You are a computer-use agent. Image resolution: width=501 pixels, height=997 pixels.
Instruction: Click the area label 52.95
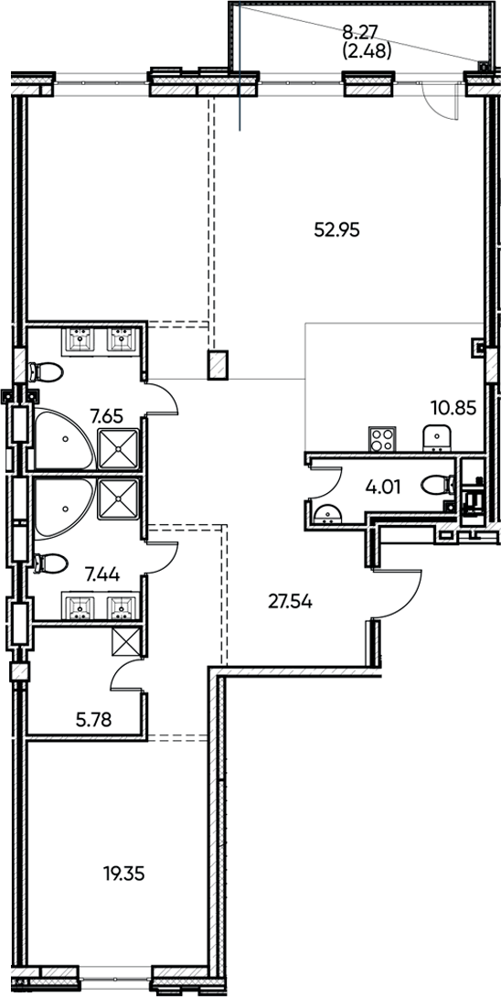point(337,230)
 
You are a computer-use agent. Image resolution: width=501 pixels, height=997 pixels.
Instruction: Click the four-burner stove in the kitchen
point(382,439)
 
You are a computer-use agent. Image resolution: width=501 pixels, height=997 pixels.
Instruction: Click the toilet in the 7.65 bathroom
point(46,372)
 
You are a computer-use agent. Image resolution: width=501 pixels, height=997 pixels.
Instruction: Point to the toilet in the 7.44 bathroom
point(46,563)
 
